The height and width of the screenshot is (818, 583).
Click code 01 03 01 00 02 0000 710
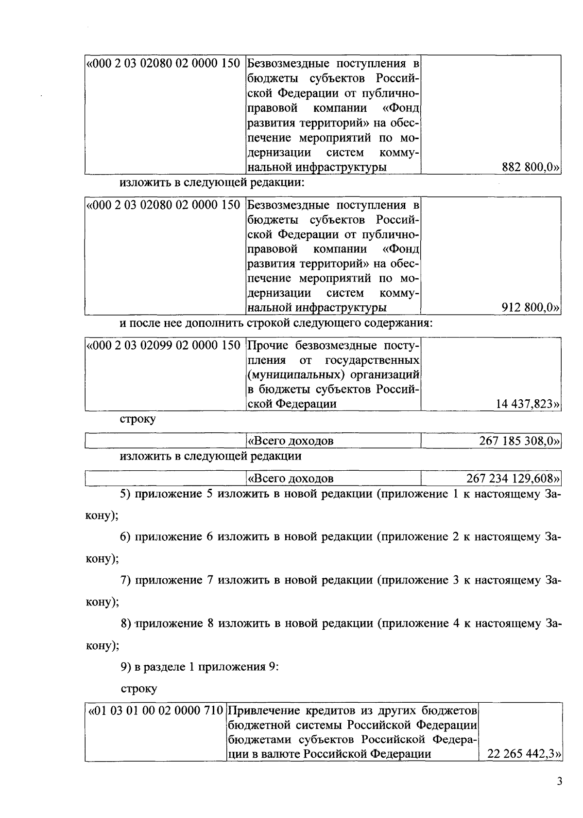coord(155,711)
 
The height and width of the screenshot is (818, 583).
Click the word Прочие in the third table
coord(270,346)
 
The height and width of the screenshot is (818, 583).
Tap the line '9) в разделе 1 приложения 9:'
coord(199,667)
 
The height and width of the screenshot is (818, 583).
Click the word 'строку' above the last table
coord(138,689)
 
